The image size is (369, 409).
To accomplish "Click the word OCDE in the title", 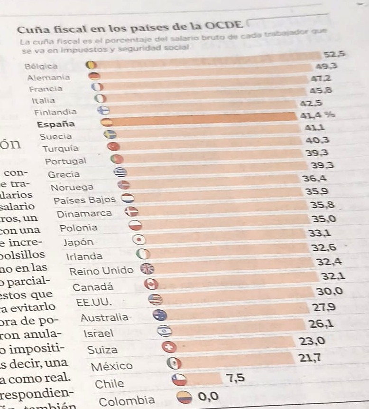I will point(225,26).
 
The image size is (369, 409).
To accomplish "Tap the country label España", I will point(56,124).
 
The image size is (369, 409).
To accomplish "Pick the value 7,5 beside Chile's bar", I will point(236,379).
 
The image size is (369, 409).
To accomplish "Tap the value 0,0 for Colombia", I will point(209,396).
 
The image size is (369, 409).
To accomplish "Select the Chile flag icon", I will point(179,380).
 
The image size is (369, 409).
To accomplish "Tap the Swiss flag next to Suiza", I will point(169,347).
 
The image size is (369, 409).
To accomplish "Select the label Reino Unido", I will point(101,271).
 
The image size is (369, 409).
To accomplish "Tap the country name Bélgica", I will point(41,67).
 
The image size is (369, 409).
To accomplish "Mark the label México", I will point(112,366).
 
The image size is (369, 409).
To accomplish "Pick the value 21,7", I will point(310,358).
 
